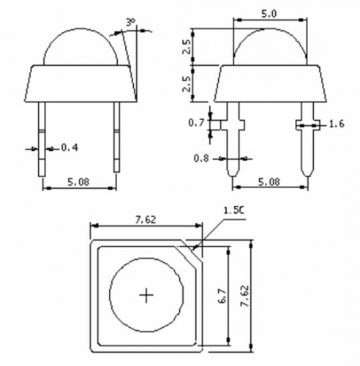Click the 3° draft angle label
pyautogui.click(x=130, y=23)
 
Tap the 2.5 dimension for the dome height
pyautogui.click(x=187, y=48)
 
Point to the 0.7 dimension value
pyautogui.click(x=196, y=123)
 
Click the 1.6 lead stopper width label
pyautogui.click(x=337, y=125)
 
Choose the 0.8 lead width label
pyautogui.click(x=200, y=157)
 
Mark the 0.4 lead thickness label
pyautogui.click(x=70, y=148)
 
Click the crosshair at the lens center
pyautogui.click(x=147, y=295)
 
